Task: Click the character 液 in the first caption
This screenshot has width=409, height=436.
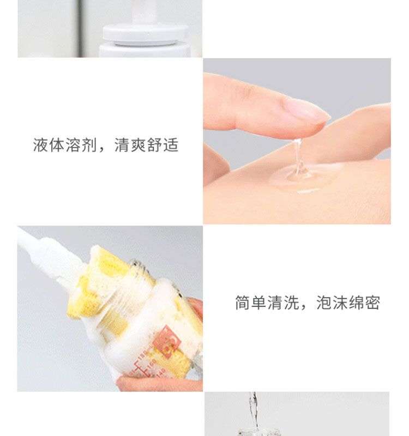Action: [x=40, y=145]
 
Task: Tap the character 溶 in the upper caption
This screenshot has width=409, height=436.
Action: [x=73, y=145]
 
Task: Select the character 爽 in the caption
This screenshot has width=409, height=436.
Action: [x=139, y=145]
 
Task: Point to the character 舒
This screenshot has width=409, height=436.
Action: [x=154, y=145]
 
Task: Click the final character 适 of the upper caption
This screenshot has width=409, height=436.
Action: [x=171, y=145]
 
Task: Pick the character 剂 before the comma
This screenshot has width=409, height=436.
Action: [x=89, y=145]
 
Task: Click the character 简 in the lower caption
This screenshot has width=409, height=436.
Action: [x=243, y=302]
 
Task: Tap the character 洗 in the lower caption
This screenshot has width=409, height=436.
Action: [x=291, y=302]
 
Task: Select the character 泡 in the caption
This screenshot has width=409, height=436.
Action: [x=324, y=302]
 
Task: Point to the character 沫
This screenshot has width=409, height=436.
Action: [x=340, y=302]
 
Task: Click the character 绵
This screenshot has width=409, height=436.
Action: [x=356, y=302]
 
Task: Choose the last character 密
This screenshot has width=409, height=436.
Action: [x=372, y=302]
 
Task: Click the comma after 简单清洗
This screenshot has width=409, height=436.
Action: [x=303, y=307]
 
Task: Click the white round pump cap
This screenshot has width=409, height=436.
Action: [x=145, y=34]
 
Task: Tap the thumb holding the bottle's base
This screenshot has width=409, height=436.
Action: [x=159, y=384]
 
